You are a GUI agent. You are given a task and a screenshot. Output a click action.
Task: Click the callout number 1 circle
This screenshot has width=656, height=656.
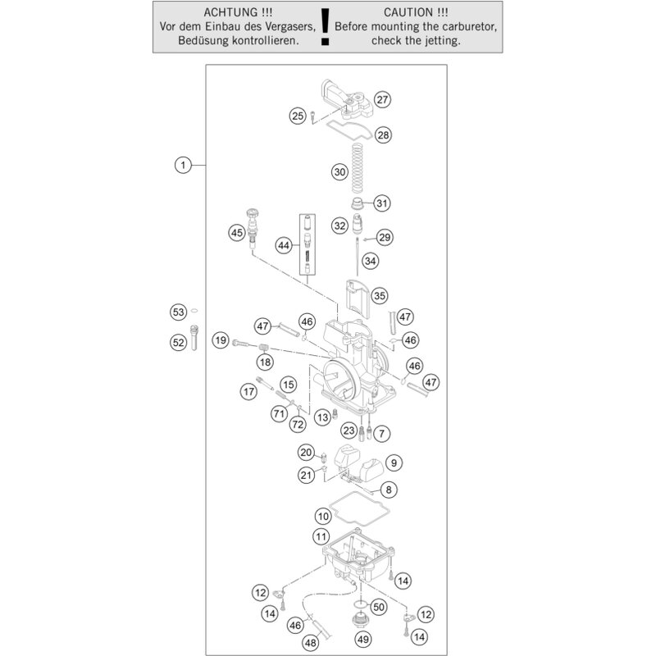(x=182, y=166)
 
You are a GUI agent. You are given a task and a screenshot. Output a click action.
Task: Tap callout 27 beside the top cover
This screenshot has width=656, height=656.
(x=382, y=100)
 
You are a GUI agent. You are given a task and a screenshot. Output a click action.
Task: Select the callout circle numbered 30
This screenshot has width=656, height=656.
(x=340, y=172)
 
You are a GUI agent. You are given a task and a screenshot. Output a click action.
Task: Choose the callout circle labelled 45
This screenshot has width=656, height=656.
(x=237, y=234)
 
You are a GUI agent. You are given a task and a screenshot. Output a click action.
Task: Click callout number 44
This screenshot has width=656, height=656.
(x=284, y=245)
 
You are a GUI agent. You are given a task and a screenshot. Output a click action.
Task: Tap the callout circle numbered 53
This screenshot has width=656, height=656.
(x=179, y=312)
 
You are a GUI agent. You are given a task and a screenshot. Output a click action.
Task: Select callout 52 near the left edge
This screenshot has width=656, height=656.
(x=179, y=344)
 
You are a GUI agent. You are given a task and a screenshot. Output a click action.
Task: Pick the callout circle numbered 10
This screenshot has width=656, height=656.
(x=323, y=517)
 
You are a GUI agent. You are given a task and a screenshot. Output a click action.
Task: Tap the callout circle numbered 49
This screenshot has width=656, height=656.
(x=362, y=639)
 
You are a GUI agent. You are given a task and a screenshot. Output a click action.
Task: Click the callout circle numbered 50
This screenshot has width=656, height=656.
(x=378, y=608)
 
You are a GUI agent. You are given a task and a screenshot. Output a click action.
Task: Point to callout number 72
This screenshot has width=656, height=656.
(x=297, y=424)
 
